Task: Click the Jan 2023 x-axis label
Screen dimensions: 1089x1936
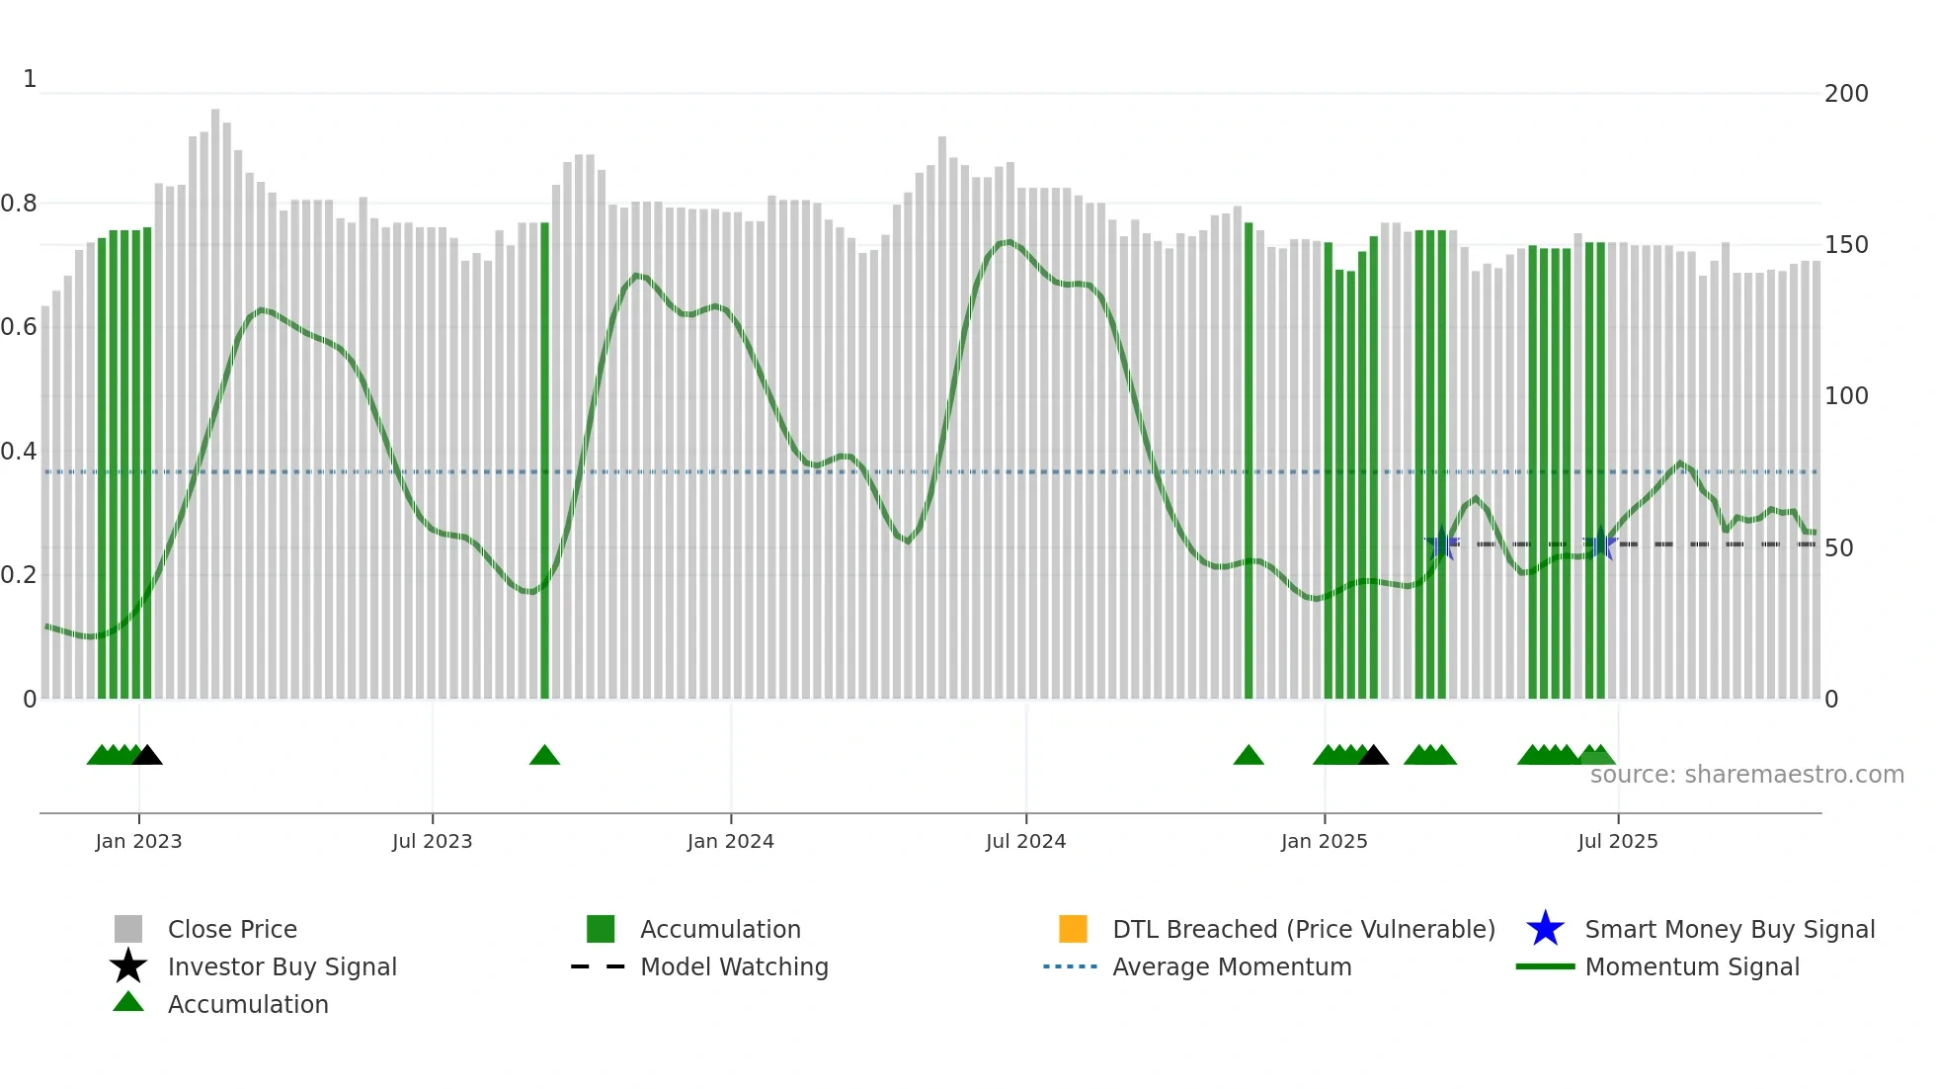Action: click(x=138, y=841)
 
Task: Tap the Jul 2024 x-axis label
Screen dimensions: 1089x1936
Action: click(x=1025, y=841)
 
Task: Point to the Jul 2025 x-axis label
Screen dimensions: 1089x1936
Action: click(x=1617, y=841)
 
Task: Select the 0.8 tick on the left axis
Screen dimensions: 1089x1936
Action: click(x=19, y=204)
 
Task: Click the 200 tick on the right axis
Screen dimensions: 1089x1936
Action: click(x=1845, y=94)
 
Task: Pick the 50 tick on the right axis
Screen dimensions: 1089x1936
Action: click(x=1838, y=548)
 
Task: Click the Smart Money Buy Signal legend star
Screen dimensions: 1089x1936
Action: click(x=1545, y=929)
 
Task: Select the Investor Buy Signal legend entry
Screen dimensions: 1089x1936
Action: click(x=282, y=966)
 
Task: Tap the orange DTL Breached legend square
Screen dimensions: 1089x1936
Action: click(x=1073, y=929)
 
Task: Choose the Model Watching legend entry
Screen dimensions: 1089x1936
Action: click(x=733, y=966)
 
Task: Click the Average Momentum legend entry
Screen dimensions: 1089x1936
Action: click(x=1231, y=966)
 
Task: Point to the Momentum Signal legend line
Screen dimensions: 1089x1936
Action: click(x=1545, y=966)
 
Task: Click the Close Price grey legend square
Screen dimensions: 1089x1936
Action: click(x=128, y=929)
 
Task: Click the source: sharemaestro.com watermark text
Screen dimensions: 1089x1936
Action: click(x=1746, y=775)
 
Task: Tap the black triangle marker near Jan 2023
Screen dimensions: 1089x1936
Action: click(x=147, y=756)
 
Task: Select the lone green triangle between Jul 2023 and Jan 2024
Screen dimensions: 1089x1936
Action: click(x=544, y=756)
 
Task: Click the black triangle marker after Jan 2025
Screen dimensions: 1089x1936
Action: click(x=1373, y=756)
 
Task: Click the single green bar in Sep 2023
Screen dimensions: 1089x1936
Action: click(x=544, y=460)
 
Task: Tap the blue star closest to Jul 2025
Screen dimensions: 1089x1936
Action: click(x=1600, y=544)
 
